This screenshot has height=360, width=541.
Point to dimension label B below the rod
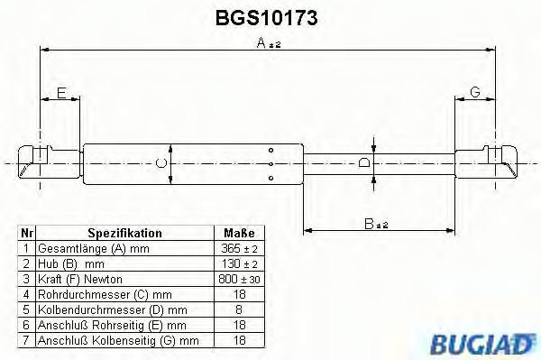pyautogui.click(x=368, y=222)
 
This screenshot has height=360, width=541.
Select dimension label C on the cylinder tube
pyautogui.click(x=160, y=162)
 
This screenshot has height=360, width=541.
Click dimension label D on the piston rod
pyautogui.click(x=364, y=162)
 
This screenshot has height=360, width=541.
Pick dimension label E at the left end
pyautogui.click(x=60, y=93)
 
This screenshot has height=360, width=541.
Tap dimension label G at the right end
pyautogui.click(x=475, y=93)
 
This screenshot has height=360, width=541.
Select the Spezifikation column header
pyautogui.click(x=124, y=233)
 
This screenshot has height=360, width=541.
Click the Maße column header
pyautogui.click(x=239, y=233)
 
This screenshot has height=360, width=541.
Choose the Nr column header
pyautogui.click(x=26, y=233)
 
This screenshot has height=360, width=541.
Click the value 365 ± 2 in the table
pyautogui.click(x=239, y=248)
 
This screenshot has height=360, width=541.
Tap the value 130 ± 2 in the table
pyautogui.click(x=239, y=263)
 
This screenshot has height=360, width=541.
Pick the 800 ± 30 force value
pyautogui.click(x=239, y=279)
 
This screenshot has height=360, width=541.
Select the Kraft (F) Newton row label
pyautogui.click(x=82, y=279)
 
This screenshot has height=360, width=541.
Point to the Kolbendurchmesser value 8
pyautogui.click(x=239, y=309)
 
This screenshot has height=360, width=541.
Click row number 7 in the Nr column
pyautogui.click(x=26, y=340)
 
